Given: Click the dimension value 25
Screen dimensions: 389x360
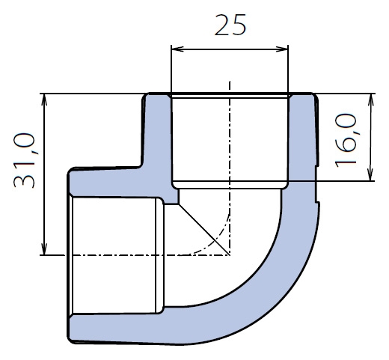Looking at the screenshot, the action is tap(230, 25).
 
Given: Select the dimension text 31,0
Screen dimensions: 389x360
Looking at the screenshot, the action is tap(24, 160).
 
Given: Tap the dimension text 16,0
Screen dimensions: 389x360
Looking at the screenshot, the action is tap(346, 140).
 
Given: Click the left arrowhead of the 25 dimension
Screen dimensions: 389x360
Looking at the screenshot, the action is tap(177, 49).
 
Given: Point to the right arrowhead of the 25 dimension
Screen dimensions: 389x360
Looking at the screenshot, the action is tap(282, 49).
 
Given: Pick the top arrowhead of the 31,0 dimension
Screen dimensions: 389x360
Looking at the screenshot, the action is tap(44, 100).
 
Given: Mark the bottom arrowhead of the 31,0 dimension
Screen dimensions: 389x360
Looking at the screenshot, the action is tap(44, 249).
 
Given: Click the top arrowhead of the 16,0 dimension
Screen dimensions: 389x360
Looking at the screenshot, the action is tap(371, 100).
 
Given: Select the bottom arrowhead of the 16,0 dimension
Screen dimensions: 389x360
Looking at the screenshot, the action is tap(371, 174).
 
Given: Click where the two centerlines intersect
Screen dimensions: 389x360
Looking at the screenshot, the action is tap(230, 255).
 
